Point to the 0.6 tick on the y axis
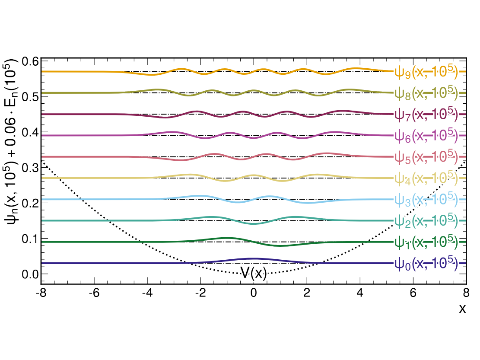pos(29,61)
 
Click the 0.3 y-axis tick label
pos(29,167)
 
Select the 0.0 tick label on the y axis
pos(29,274)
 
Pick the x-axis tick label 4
pos(360,293)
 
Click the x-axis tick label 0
pos(254,293)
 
